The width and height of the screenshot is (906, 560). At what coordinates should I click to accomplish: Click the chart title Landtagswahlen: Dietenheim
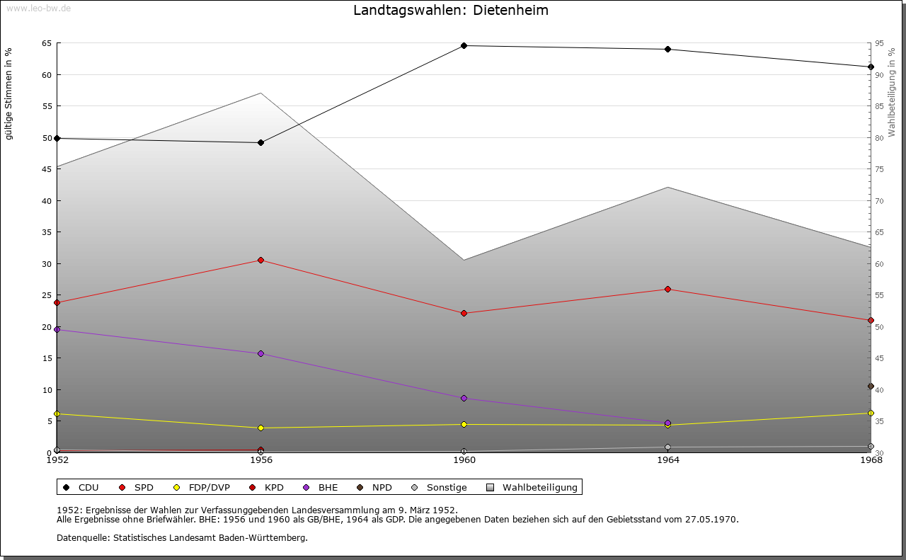(x=451, y=11)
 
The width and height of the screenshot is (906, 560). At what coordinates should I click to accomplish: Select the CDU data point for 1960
(x=464, y=46)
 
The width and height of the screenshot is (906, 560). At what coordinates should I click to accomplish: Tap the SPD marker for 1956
(x=260, y=261)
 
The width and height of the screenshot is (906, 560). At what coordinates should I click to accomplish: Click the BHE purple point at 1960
(x=464, y=399)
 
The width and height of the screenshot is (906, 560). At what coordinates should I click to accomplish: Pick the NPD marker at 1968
(x=871, y=387)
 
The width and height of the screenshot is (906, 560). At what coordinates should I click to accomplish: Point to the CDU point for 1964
(x=667, y=50)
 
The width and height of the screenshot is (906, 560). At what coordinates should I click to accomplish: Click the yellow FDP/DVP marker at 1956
(x=260, y=428)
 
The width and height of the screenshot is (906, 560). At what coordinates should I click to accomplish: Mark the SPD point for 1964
(x=667, y=290)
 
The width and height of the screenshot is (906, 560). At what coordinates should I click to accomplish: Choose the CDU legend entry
(x=82, y=488)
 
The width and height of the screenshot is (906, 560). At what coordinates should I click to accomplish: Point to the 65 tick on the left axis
(x=47, y=43)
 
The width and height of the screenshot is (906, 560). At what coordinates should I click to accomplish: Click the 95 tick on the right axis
(x=878, y=43)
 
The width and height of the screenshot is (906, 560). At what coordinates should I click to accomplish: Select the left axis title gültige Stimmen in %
(x=9, y=93)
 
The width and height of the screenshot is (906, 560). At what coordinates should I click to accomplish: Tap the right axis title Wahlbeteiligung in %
(x=892, y=92)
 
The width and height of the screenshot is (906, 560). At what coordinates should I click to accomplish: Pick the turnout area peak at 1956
(x=260, y=93)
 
